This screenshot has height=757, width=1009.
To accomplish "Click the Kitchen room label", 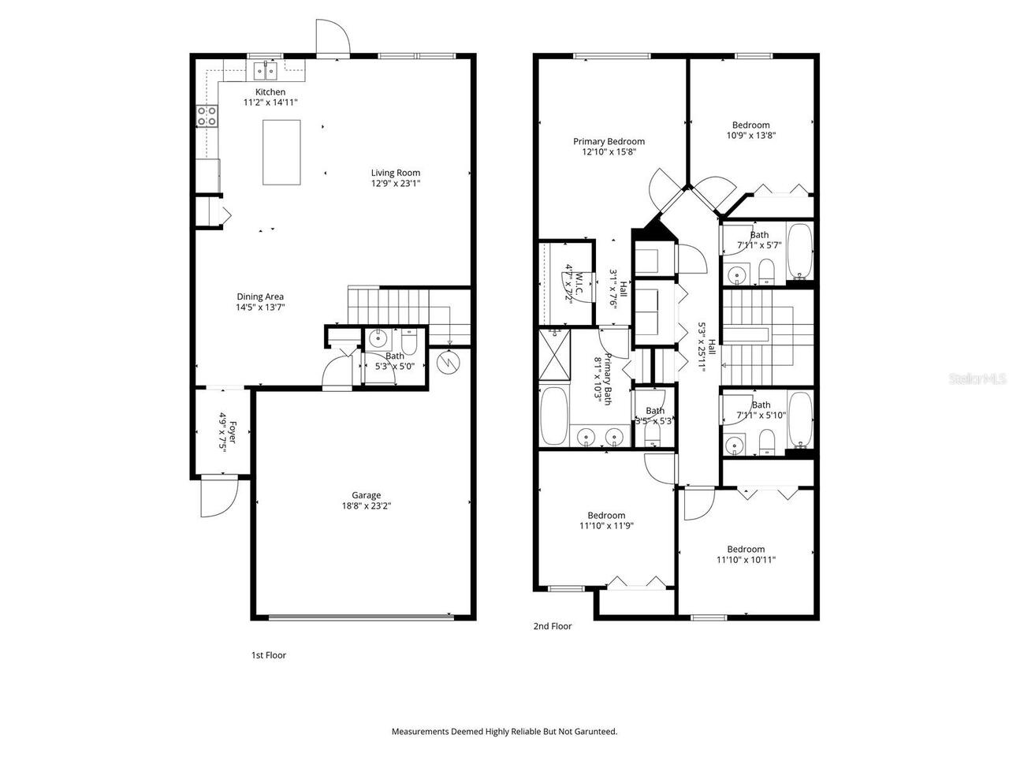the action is coord(270,92).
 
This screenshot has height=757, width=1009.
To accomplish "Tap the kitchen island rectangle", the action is coord(281,152).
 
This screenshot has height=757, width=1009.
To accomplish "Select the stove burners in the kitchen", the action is coord(207,116).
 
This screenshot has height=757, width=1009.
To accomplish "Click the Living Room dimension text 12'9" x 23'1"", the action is coord(396,184).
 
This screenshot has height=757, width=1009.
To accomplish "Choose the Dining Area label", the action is coord(260,297).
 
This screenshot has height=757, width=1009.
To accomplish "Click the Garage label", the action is coord(366,495).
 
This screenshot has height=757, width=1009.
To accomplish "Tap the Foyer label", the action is coord(233,432).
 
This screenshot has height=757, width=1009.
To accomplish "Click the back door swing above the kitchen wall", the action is coord(333,37).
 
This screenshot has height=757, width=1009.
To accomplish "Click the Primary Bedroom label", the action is coord(609,142).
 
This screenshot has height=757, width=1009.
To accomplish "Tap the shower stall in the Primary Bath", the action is coord(554,354).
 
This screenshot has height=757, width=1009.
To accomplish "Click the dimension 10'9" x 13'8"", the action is coord(750,136).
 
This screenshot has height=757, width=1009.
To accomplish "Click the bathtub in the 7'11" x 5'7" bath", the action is coord(800,251).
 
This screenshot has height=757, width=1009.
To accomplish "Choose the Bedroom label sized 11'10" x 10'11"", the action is coord(746,550).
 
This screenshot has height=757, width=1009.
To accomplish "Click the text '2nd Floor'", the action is coord(553,626).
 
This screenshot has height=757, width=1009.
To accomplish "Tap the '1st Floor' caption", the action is coord(269,655).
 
